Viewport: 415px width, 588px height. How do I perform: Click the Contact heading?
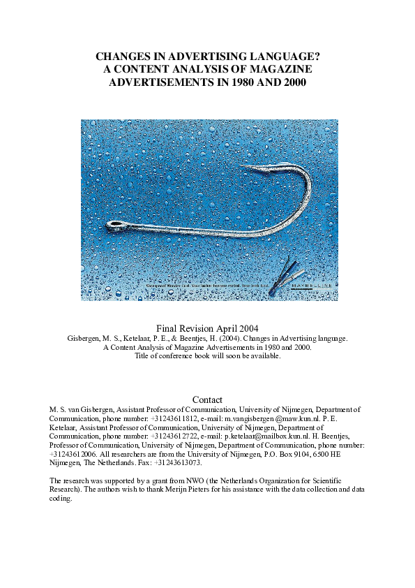point(207,399)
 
